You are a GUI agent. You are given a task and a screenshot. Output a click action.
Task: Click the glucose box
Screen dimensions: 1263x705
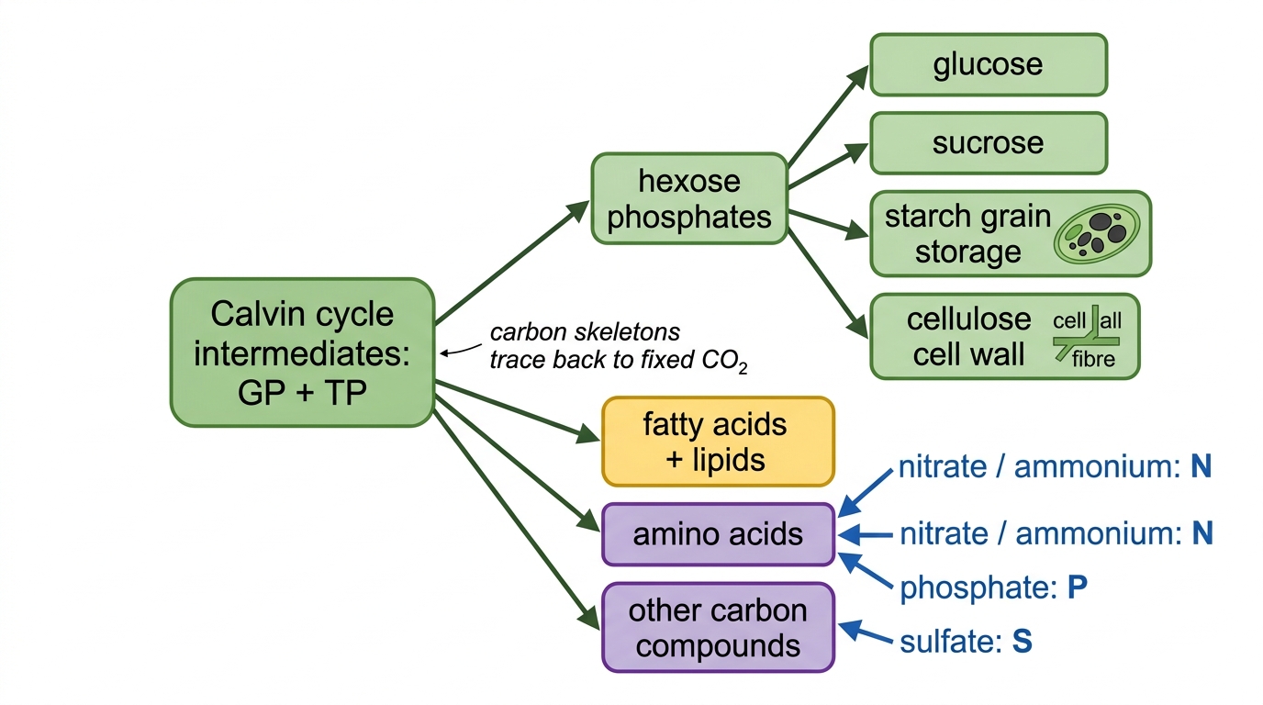coord(989,65)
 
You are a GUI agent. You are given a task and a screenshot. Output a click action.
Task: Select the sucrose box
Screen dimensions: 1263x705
coord(989,143)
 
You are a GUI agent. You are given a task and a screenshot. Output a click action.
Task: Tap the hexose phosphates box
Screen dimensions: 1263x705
coord(689,198)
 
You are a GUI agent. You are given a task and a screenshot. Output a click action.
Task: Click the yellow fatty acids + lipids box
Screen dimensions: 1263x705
coord(718,442)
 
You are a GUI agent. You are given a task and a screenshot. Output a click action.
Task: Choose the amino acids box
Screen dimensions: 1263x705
coord(718,534)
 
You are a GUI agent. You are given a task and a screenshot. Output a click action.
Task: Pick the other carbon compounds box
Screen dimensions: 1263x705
coord(718,628)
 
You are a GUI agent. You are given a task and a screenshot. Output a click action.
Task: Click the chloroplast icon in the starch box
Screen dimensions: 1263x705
coord(1097,233)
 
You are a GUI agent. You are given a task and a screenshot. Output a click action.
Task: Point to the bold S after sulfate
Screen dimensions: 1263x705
coord(1023,642)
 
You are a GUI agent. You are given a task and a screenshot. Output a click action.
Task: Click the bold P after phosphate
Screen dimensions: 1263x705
coord(1078,587)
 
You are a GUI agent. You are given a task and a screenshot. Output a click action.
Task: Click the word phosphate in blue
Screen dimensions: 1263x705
coord(974,588)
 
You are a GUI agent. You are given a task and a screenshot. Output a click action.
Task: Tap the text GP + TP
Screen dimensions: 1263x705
coord(302,393)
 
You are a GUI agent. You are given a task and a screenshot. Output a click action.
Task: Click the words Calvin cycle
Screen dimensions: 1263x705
coord(302,314)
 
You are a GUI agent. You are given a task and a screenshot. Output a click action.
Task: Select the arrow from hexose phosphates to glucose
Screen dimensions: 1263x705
coord(828,116)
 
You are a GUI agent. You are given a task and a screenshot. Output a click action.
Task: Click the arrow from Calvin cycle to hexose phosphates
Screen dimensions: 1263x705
coord(512,263)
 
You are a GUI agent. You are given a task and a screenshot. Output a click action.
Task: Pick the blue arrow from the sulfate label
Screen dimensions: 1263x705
coord(866,632)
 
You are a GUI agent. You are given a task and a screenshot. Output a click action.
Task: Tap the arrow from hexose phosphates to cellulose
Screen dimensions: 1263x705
coord(828,284)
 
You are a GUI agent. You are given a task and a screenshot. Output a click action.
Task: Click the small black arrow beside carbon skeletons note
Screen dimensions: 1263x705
coord(461,350)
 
